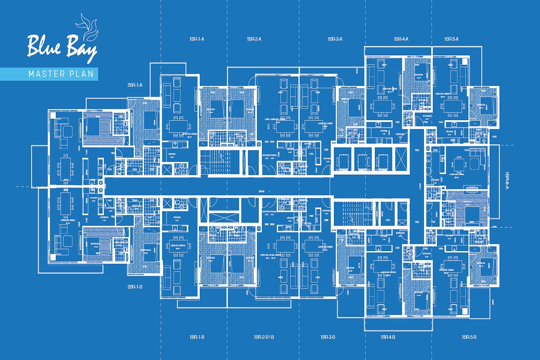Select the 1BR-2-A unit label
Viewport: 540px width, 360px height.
[x=254, y=39]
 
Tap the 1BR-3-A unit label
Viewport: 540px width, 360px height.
[x=335, y=39]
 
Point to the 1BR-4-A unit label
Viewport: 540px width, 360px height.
[x=400, y=39]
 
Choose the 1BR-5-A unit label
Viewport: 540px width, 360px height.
[x=451, y=39]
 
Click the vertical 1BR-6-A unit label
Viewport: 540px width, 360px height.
[x=507, y=182]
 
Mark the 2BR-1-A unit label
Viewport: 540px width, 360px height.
[x=135, y=85]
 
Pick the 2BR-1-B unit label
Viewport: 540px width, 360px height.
[x=135, y=287]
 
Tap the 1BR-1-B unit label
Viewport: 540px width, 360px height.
[x=197, y=337]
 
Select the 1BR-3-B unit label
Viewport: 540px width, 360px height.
[x=327, y=337]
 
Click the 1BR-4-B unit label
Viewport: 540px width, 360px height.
[x=387, y=337]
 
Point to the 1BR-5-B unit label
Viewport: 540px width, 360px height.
[x=469, y=337]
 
